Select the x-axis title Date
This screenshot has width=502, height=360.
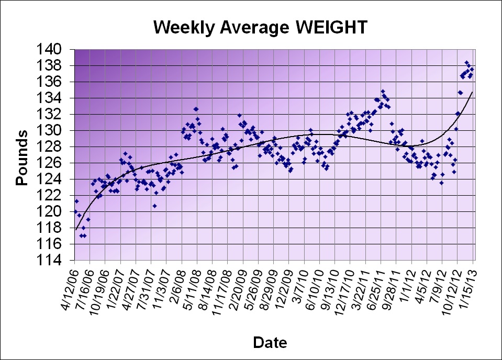(x=270, y=343)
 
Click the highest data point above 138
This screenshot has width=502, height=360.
(x=466, y=63)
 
